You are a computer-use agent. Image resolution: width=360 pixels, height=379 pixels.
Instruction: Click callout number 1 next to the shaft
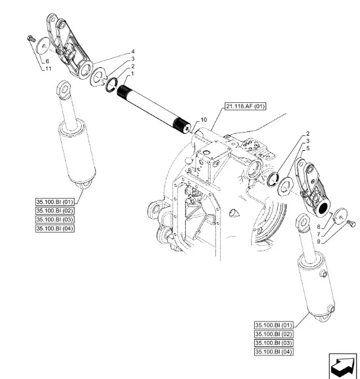tap(132, 73)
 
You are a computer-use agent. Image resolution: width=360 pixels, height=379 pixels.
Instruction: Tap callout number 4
tap(133, 51)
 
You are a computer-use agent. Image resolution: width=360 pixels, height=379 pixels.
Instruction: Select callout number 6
tap(47, 61)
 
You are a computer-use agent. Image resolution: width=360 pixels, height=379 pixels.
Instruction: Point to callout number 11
tap(48, 68)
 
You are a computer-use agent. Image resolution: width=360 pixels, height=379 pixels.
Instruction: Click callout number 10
tap(204, 120)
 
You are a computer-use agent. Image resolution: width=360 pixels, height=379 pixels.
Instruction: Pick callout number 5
tap(307, 148)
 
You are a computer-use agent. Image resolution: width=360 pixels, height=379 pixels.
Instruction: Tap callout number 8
tap(319, 226)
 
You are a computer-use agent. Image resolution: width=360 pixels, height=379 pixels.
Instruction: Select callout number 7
tap(319, 234)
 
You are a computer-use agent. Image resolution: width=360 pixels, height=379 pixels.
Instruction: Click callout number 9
tap(319, 242)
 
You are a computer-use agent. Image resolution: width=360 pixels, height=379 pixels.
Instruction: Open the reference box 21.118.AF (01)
tap(245, 106)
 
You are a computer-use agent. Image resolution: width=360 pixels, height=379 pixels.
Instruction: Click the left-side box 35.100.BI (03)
tap(54, 220)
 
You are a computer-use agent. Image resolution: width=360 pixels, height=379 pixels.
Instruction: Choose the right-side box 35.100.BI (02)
tap(273, 334)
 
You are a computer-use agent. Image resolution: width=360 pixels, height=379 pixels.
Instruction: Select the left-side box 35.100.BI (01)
tap(54, 202)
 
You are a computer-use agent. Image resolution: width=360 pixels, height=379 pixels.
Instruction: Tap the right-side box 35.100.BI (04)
tap(273, 352)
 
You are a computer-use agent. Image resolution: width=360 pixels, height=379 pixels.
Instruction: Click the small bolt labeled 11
tap(31, 39)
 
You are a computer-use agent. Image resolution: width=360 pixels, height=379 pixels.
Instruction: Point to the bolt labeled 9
tap(352, 223)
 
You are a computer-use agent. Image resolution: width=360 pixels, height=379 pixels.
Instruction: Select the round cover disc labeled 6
tap(43, 47)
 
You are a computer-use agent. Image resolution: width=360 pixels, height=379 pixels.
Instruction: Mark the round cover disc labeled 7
tap(341, 216)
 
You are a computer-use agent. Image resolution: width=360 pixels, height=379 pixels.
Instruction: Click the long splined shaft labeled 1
tap(154, 109)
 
